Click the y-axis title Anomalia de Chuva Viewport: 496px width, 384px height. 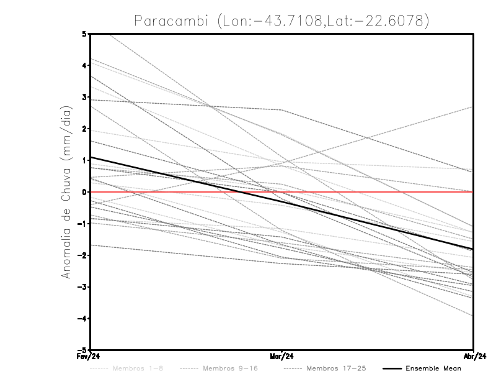tap(66, 192)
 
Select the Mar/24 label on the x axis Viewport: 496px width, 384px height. tap(282, 356)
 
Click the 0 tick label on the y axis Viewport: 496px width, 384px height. tap(84, 192)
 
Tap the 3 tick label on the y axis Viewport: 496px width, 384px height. tap(84, 97)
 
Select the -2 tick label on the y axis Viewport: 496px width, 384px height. tap(83, 255)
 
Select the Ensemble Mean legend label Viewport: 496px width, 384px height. tap(433, 368)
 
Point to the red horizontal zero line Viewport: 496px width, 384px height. tap(372, 192)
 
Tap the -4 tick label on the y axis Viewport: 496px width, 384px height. tap(83, 319)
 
